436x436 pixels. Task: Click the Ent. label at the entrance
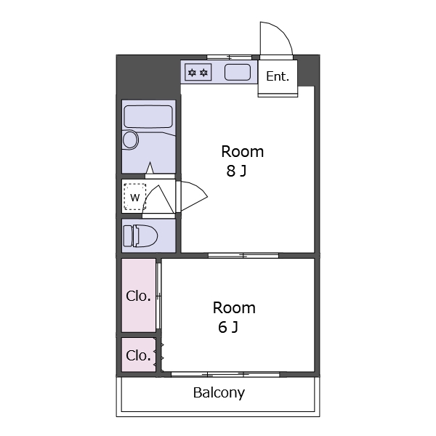(x=278, y=76)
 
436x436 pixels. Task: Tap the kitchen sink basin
(x=238, y=72)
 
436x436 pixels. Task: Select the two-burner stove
(x=198, y=72)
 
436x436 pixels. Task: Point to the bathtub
(x=148, y=116)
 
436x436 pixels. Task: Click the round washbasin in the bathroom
(x=130, y=140)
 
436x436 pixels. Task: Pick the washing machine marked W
(x=135, y=197)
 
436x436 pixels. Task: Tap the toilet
(x=140, y=236)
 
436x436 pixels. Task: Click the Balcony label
(x=219, y=393)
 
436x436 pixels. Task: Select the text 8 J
(x=236, y=171)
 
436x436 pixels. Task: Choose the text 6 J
(x=228, y=327)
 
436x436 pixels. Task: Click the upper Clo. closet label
(x=138, y=296)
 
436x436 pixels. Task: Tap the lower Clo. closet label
(x=138, y=355)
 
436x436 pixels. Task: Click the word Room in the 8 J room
(x=243, y=152)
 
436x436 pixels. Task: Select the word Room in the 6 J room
(x=234, y=308)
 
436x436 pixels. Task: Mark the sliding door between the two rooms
(x=243, y=256)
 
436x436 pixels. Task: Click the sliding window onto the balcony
(x=225, y=374)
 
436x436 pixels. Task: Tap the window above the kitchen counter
(x=229, y=57)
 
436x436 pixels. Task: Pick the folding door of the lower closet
(x=158, y=355)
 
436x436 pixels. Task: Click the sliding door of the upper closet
(x=158, y=296)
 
